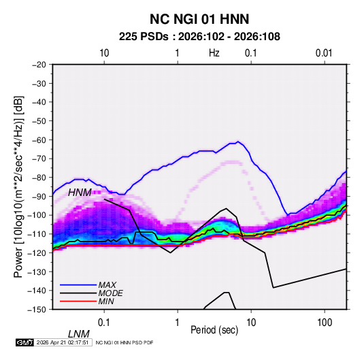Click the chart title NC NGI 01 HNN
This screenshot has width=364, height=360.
coord(199,19)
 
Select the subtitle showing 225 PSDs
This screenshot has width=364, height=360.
coord(199,37)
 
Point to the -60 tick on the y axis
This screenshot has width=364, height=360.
coord(39,140)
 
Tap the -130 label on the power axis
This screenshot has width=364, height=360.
coord(37,272)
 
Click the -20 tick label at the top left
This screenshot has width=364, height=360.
coord(39,65)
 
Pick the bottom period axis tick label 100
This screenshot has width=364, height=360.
coord(325,323)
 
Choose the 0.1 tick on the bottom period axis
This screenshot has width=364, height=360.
coord(104,323)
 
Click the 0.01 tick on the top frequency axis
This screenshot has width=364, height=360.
coord(324,53)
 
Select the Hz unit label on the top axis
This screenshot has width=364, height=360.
coord(214,53)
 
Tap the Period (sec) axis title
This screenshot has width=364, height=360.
coord(214,330)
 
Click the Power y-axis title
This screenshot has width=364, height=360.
coord(18,186)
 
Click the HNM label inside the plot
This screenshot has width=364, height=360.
coord(80,193)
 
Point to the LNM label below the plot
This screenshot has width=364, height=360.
coord(79,334)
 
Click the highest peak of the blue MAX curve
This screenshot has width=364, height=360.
coord(237,142)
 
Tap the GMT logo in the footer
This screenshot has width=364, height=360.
coord(25,342)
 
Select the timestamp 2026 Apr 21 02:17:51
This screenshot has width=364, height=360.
coord(63,342)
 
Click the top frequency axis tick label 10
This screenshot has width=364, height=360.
coord(104,53)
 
